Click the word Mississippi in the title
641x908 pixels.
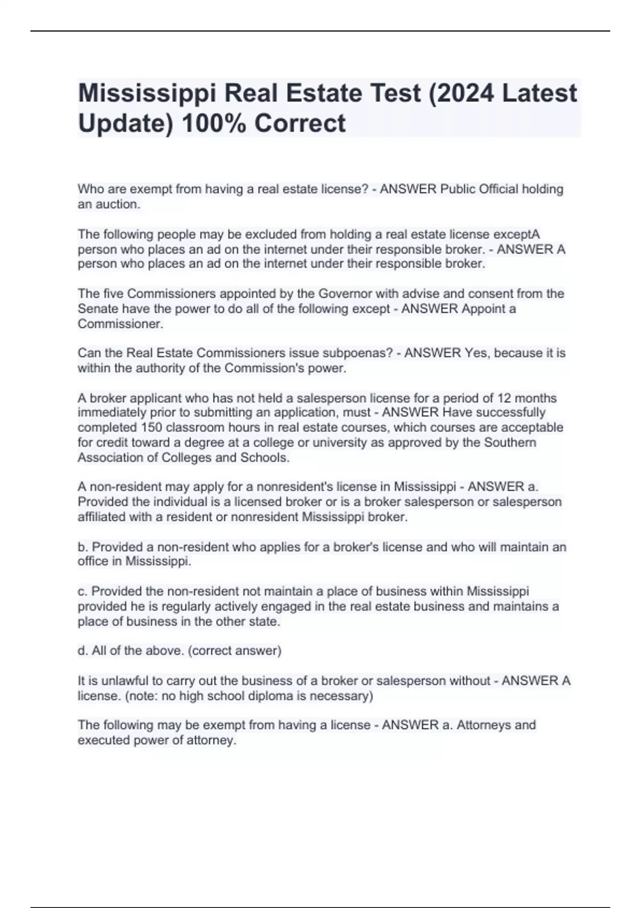point(147,93)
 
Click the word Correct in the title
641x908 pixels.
point(300,123)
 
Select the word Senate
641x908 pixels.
point(98,309)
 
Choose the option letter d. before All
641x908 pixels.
point(83,651)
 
